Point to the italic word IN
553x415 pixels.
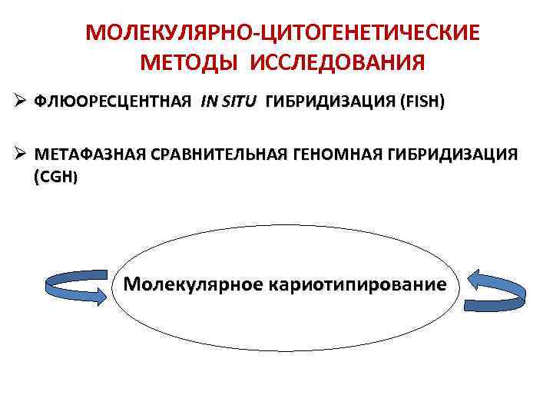point(210,103)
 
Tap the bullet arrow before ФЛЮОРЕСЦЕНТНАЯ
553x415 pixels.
point(21,103)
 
